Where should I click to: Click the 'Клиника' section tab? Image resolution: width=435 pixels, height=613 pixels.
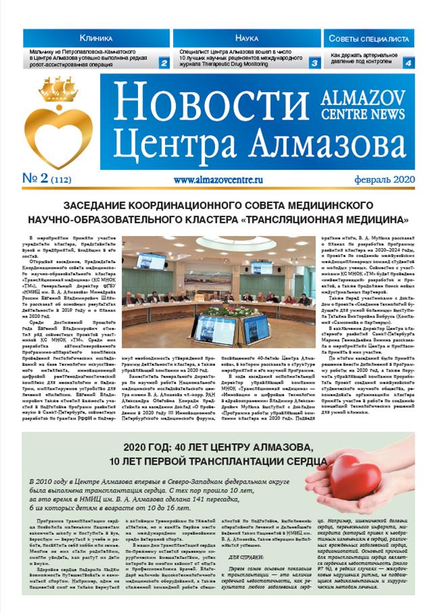[x=97, y=39]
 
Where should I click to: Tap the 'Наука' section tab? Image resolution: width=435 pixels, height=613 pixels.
[x=246, y=39]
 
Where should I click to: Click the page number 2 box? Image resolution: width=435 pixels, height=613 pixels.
[x=164, y=63]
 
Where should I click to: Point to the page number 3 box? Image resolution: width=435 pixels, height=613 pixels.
[x=315, y=63]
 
